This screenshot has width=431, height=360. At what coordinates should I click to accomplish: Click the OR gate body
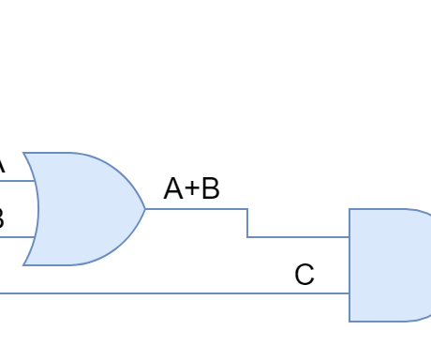(84, 209)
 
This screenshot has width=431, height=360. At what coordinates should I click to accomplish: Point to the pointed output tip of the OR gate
(145, 209)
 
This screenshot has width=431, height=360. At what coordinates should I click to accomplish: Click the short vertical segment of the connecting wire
(247, 223)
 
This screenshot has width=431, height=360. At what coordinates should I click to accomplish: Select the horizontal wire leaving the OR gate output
(197, 209)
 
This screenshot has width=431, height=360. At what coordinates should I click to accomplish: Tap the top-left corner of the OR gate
(23, 153)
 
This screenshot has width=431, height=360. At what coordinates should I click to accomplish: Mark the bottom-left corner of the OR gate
(23, 265)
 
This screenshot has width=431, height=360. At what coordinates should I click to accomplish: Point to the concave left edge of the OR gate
(37, 209)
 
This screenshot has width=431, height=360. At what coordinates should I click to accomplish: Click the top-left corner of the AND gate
(349, 209)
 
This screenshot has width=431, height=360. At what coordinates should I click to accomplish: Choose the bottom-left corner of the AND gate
(349, 322)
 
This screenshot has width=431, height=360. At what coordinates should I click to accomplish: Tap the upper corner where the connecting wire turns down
(247, 209)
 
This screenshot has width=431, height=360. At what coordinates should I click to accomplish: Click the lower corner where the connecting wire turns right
(247, 237)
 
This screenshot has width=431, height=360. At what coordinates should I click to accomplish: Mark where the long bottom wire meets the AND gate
(349, 293)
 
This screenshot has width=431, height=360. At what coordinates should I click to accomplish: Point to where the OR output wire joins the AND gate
(349, 237)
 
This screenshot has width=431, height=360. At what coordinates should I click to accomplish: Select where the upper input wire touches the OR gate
(35, 181)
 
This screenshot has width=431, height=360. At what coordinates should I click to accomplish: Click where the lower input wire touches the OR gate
(35, 237)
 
